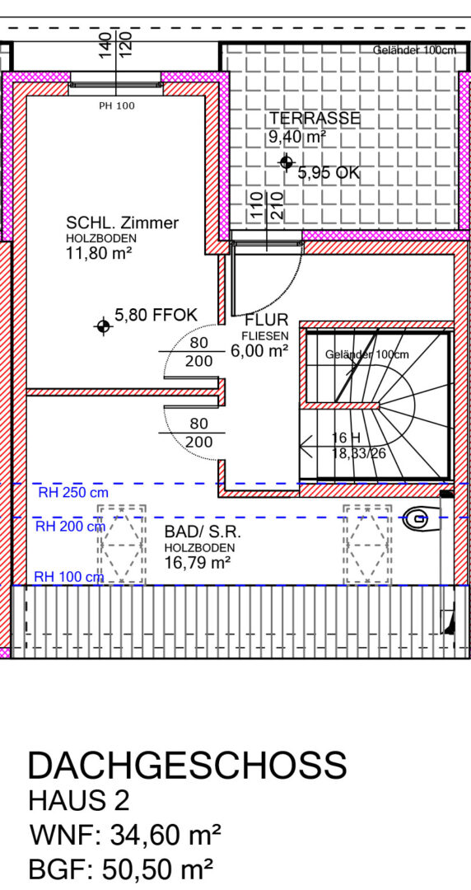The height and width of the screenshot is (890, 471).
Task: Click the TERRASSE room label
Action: (315, 118)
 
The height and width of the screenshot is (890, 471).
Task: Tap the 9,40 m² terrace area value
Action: (296, 137)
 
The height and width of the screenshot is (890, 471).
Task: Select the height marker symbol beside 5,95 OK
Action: (287, 162)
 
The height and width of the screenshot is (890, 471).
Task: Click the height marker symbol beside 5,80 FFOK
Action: (103, 326)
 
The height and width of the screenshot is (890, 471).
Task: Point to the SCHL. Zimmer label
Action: (122, 223)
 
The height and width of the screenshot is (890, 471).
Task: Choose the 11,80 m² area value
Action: (99, 253)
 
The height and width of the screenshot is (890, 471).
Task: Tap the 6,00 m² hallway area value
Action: (259, 351)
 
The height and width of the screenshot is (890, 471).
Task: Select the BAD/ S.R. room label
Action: (203, 532)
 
